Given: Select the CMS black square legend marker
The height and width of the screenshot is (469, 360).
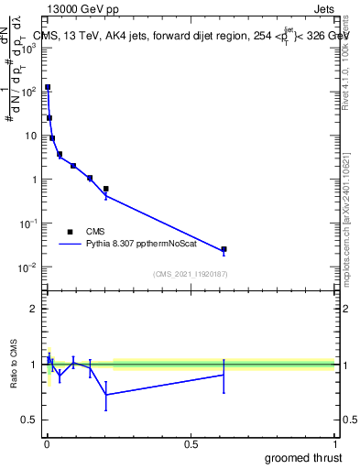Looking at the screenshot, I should pos(70,232).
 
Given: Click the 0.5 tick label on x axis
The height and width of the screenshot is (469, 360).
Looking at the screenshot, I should pos(191,444).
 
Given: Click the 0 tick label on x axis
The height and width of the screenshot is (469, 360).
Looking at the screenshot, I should pos(47,444).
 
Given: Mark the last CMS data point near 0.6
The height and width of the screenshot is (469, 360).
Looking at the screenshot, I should pos(224,249).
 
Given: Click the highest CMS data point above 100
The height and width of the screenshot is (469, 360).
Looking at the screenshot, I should pos(48,87).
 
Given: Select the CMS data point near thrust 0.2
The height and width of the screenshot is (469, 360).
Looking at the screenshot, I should pos(106,189).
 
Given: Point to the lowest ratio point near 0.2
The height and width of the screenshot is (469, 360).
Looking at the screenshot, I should pos(106,395).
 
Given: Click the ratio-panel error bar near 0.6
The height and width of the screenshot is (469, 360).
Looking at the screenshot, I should pos(224,375).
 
